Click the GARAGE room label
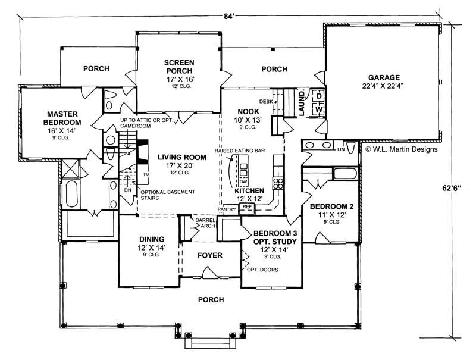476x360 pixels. click(x=383, y=77)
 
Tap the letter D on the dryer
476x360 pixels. click(x=318, y=96)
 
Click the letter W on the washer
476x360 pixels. click(x=318, y=109)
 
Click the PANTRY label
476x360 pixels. click(x=227, y=209)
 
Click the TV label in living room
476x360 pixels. click(x=145, y=174)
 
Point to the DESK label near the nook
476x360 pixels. click(x=266, y=101)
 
